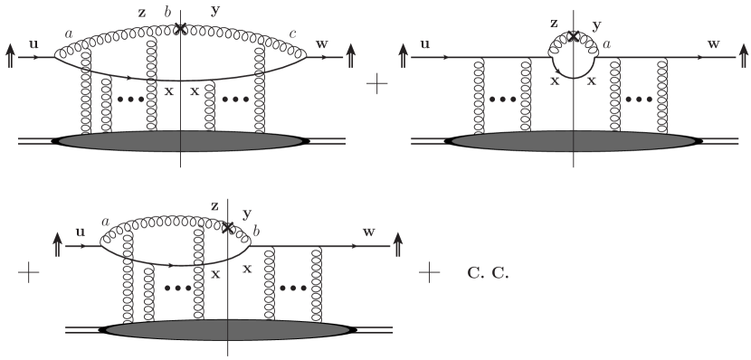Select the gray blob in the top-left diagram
pyautogui.click(x=181, y=141)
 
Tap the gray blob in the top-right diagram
pyautogui.click(x=574, y=141)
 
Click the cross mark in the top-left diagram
pyautogui.click(x=181, y=28)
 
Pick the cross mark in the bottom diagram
pyautogui.click(x=228, y=228)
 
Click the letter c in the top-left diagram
pyautogui.click(x=291, y=34)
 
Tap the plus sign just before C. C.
pyautogui.click(x=430, y=271)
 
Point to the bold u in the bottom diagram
pyautogui.click(x=80, y=232)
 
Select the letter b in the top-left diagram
pyautogui.click(x=166, y=11)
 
